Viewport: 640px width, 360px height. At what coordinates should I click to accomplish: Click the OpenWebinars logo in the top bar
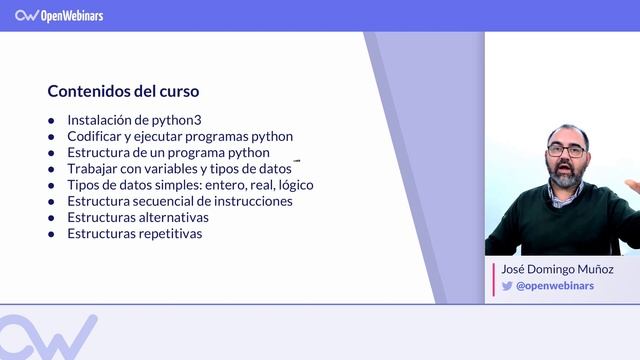point(59,15)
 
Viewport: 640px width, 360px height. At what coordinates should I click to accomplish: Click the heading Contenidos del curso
point(123,91)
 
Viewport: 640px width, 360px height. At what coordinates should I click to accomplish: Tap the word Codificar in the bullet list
point(96,136)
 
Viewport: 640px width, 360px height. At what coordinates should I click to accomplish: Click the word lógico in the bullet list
point(295,185)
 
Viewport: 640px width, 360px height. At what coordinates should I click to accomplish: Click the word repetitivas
point(168,233)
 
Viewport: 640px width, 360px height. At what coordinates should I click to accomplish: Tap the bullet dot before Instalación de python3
point(51,121)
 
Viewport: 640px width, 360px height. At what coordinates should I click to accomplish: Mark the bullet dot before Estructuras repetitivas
point(51,234)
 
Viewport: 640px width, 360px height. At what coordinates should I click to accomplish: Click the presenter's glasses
point(566,150)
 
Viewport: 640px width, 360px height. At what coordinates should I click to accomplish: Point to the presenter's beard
point(567,178)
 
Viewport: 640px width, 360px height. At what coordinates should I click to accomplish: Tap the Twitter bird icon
point(507,286)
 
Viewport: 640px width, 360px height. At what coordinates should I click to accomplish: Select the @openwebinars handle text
point(555,286)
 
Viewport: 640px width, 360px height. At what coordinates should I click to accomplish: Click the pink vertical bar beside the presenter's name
point(494,278)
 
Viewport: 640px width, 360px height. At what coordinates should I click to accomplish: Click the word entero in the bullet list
point(218,185)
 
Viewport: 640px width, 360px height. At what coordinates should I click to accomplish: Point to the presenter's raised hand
point(632,187)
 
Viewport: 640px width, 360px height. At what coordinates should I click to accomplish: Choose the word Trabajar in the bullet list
point(93,169)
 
